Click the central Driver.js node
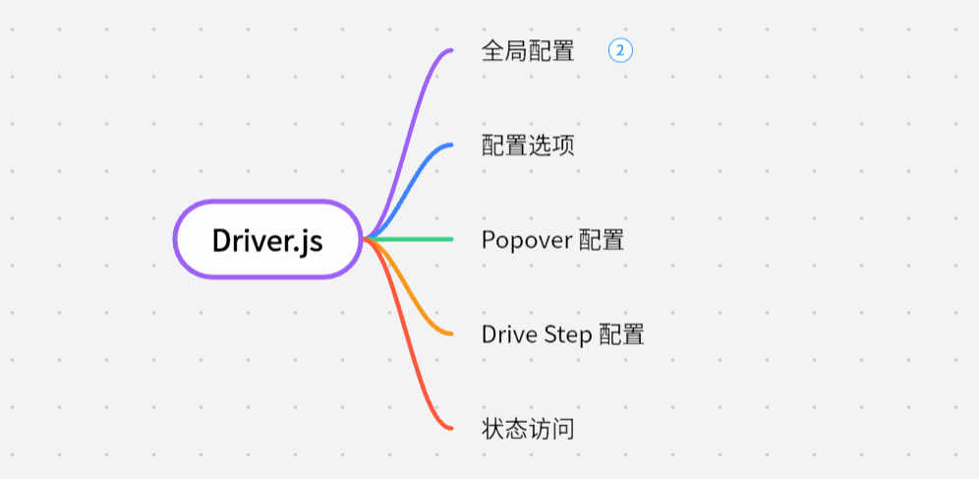267,240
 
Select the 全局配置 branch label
528,51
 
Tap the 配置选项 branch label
528,146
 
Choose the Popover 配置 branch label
552,240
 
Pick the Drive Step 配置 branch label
562,334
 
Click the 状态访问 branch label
528,429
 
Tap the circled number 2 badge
620,50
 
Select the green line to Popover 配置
413,239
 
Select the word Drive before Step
508,334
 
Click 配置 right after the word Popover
601,240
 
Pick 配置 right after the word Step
621,334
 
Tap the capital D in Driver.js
222,240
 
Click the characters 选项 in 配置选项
551,146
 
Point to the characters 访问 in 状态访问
551,429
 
